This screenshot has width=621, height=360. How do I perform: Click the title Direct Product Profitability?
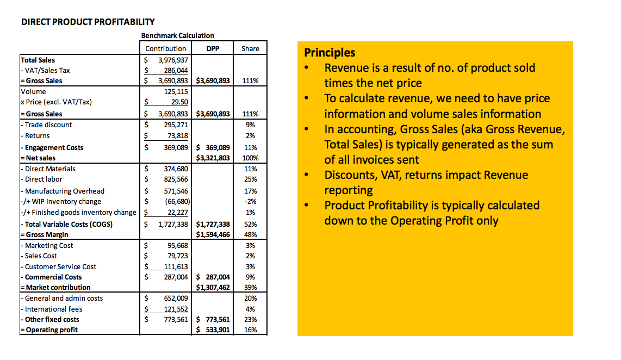88,22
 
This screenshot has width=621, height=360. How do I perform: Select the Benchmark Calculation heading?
177,35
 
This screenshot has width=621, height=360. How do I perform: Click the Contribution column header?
166,48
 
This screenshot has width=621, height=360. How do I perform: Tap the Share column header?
250,48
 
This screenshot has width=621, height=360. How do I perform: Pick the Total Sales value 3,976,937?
173,60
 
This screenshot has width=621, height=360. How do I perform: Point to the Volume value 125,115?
176,92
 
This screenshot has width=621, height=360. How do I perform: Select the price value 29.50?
179,102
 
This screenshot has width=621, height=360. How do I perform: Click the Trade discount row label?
48,125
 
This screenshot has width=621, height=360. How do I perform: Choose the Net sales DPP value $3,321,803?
213,158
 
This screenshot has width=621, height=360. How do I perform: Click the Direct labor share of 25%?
250,179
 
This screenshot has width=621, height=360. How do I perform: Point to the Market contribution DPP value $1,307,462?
213,287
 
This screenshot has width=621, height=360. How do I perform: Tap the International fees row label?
53,309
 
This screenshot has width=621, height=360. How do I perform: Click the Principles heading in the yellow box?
330,53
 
